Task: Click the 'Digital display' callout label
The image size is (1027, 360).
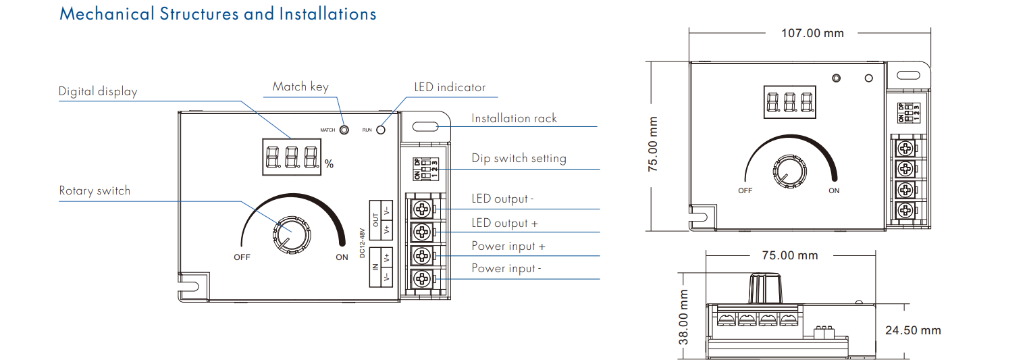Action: click(x=98, y=91)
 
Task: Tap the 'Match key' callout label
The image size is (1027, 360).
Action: click(x=300, y=86)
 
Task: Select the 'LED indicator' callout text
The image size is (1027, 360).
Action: click(x=450, y=87)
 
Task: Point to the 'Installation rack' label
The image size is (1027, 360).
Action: click(x=514, y=118)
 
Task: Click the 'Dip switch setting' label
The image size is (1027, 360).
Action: click(x=519, y=158)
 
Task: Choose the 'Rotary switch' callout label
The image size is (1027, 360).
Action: click(x=95, y=190)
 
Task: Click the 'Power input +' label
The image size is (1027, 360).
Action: click(x=508, y=247)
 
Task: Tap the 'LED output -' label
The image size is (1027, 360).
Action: click(x=502, y=199)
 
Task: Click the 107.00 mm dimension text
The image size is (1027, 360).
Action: click(x=812, y=33)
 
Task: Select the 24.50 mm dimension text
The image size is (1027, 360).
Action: click(x=913, y=330)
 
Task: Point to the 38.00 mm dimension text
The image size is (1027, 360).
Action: click(x=683, y=317)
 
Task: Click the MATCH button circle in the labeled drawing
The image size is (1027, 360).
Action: click(x=344, y=130)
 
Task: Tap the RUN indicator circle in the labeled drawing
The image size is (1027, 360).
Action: click(x=381, y=130)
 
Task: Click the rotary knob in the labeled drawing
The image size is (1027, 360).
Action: click(x=292, y=234)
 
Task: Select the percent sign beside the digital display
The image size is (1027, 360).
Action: click(x=330, y=163)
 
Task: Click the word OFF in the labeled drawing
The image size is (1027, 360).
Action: click(x=242, y=257)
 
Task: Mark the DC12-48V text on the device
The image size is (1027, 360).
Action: click(x=362, y=243)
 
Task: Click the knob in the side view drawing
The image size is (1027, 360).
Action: click(x=765, y=288)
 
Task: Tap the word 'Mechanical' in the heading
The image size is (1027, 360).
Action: click(x=107, y=14)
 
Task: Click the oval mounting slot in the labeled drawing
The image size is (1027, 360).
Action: click(x=425, y=126)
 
